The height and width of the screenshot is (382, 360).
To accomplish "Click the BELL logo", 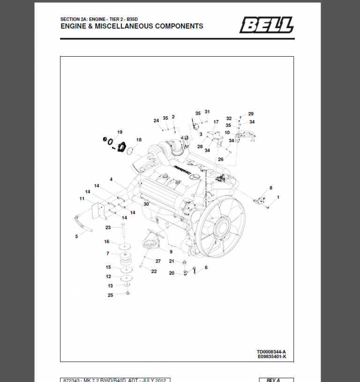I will (x=267, y=25).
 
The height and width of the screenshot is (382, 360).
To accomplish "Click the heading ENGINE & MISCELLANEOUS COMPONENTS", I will (x=132, y=26).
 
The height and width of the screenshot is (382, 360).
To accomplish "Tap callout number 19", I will (x=120, y=132).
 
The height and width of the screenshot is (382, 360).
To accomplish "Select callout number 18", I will (x=139, y=140).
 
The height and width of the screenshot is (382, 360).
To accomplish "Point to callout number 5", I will (x=76, y=236).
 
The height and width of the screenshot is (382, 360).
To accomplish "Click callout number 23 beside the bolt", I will (x=107, y=227).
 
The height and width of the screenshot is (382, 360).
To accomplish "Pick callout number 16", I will (x=107, y=242).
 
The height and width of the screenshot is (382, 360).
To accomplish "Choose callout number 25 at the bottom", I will (x=110, y=295).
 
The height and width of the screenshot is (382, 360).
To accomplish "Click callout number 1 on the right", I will (x=278, y=197).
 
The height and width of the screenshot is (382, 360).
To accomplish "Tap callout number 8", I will (x=270, y=188).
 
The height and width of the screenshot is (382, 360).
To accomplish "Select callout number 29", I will (x=251, y=114).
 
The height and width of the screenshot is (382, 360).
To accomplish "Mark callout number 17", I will (x=216, y=122).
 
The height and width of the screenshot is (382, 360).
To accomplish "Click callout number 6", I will (x=205, y=268).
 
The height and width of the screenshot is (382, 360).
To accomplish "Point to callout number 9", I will (x=171, y=252).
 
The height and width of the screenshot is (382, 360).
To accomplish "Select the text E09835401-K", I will (x=271, y=357).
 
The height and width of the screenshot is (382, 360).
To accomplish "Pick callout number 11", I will (x=82, y=199).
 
